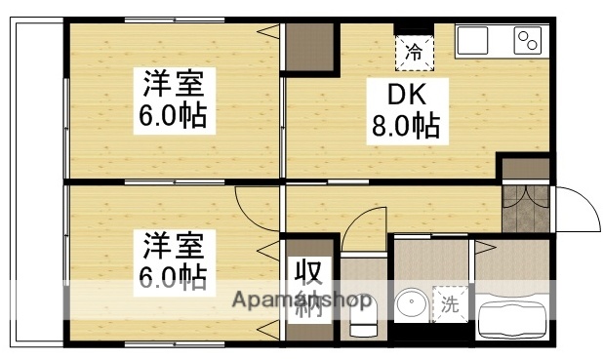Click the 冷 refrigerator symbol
click(x=415, y=52)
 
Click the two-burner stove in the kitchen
click(x=528, y=41)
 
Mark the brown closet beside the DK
click(x=310, y=47)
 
